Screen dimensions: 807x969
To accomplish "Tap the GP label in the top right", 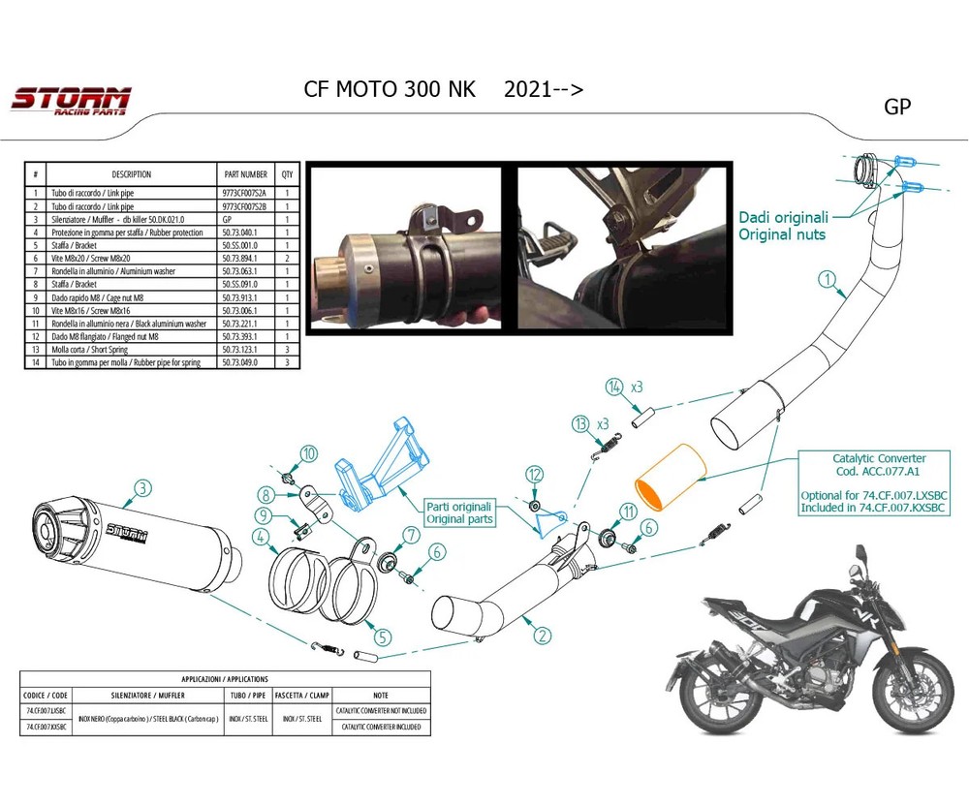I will pos(897,107).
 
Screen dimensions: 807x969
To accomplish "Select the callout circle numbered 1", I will pos(827,280).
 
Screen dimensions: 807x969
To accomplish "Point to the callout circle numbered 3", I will pos(142,487).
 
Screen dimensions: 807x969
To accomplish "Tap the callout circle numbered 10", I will pos(308,453).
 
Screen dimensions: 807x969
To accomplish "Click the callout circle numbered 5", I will pos(383,637).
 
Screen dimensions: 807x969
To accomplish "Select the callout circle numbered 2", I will pos(543,636).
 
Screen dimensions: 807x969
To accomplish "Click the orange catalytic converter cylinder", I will pos(671,476).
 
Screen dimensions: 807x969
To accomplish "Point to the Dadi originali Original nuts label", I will pos(782,226).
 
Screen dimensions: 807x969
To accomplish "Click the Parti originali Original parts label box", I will pos(459,512).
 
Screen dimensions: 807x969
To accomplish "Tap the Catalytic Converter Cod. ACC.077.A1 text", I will pos(879,464).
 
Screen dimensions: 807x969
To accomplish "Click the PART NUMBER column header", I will pos(244,174).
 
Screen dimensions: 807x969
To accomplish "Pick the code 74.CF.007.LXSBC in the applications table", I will pos(46,711).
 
